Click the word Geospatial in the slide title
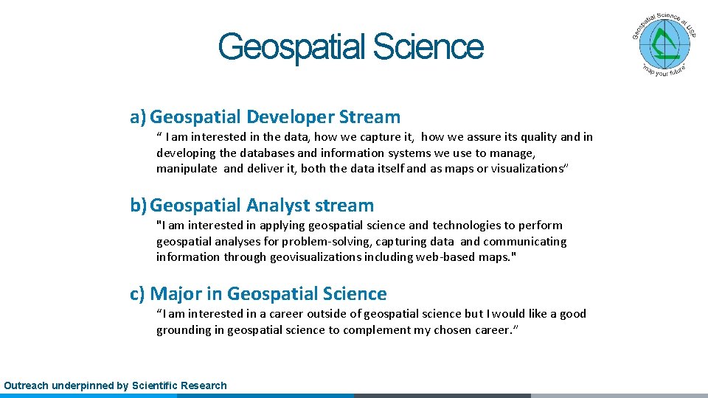(x=292, y=47)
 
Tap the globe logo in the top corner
(x=664, y=44)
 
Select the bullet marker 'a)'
(x=138, y=116)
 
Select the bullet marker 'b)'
(x=139, y=205)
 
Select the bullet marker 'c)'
(x=137, y=293)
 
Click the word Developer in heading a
(x=290, y=116)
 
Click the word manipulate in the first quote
(x=187, y=168)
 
